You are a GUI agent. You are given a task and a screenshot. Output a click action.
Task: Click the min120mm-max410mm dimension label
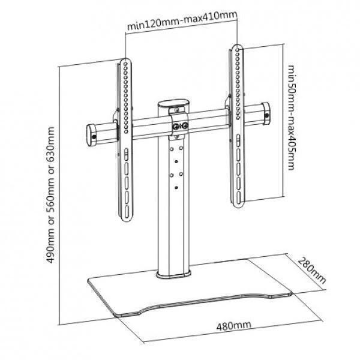point(182,21)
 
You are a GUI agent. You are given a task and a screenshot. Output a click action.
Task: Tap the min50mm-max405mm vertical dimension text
point(290,118)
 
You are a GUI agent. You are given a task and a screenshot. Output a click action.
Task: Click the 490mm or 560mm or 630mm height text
point(50,195)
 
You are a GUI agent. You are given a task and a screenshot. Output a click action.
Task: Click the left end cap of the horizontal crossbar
point(91,136)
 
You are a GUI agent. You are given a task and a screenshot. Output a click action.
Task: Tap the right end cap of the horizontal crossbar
point(266,113)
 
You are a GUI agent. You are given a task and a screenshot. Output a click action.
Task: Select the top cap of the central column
point(173,103)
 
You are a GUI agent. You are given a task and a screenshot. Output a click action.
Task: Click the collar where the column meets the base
point(173,274)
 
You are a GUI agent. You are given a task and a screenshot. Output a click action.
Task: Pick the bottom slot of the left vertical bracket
point(127,211)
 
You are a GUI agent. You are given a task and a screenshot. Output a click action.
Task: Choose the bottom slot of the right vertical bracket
point(239,197)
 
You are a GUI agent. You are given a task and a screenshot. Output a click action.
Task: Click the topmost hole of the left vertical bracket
point(125,63)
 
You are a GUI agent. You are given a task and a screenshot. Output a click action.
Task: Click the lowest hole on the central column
point(176,188)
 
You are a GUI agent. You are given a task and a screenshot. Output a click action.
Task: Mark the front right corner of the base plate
point(292,294)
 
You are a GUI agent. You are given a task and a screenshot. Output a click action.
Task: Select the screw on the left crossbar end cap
point(94,137)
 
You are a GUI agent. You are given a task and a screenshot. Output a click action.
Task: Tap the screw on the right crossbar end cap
point(266,115)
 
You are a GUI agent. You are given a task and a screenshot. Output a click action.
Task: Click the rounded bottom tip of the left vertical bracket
point(127,221)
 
